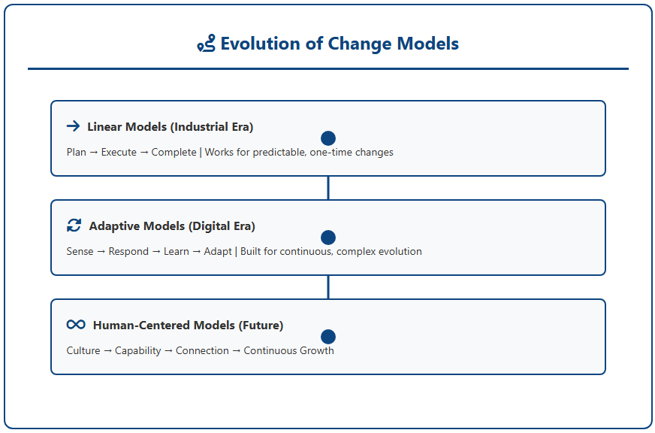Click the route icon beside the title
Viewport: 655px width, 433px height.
(x=207, y=44)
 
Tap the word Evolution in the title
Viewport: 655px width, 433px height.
(x=260, y=44)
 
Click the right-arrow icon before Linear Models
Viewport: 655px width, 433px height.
(x=73, y=126)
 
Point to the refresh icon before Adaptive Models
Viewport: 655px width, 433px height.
(x=74, y=226)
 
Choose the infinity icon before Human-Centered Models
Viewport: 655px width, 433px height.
(x=76, y=324)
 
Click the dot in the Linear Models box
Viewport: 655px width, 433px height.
(x=328, y=138)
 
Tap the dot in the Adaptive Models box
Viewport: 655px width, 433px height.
(x=328, y=238)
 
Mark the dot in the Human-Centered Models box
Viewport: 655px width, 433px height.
(x=328, y=337)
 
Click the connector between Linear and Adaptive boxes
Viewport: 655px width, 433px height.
(x=328, y=188)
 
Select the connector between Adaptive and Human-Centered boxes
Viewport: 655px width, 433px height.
(x=328, y=287)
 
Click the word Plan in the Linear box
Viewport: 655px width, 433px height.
(x=77, y=152)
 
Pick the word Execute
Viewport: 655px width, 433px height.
(x=119, y=152)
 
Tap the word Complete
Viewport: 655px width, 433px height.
(x=174, y=152)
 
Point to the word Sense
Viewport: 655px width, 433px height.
(x=80, y=251)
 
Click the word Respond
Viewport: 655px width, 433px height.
(x=128, y=252)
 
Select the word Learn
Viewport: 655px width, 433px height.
(x=177, y=251)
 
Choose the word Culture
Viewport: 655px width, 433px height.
(x=83, y=350)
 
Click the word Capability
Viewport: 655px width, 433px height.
(x=138, y=350)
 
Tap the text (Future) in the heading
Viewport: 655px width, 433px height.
(x=261, y=326)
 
